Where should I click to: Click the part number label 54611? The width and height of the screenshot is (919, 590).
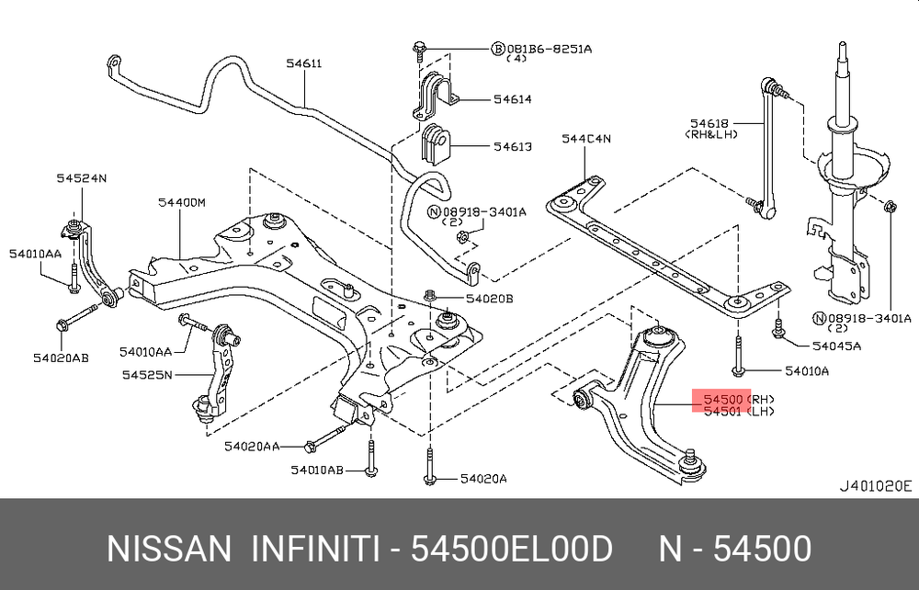pos(303,62)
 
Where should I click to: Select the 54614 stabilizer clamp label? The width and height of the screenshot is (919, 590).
pos(512,99)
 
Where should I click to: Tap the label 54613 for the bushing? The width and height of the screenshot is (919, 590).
pos(512,146)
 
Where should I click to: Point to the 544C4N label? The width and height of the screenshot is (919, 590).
pos(586,139)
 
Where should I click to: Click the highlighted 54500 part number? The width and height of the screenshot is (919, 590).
pos(723,399)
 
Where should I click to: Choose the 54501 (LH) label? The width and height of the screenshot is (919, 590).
pos(739,412)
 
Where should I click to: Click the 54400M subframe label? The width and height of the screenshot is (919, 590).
pos(182,203)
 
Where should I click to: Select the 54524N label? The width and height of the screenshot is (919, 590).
pos(82,177)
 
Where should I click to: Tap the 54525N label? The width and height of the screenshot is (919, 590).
pos(147,374)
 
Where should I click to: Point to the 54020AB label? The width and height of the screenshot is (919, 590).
pos(61,357)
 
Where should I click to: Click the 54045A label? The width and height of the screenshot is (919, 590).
pos(836,346)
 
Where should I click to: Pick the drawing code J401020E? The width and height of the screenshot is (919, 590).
pos(876,486)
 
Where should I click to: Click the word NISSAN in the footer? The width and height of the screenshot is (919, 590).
pos(169,549)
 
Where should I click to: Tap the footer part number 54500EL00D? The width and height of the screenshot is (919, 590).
pos(512,549)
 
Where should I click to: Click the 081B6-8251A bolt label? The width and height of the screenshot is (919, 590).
pos(550,49)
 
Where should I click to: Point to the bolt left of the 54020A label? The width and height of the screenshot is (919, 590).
pos(429,466)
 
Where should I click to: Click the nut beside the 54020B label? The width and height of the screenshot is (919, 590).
pos(429,295)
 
